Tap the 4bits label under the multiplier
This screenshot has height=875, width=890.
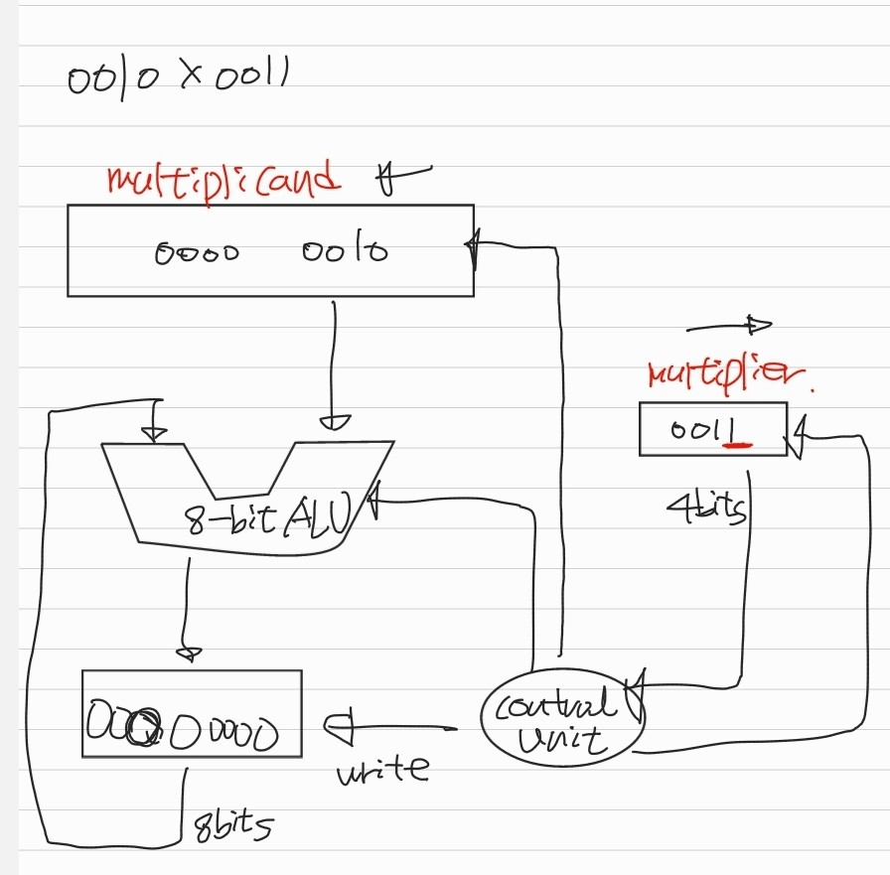(706, 508)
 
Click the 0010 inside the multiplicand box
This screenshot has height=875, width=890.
(345, 251)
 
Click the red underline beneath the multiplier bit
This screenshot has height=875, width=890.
(736, 446)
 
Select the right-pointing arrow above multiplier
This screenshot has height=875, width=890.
(729, 325)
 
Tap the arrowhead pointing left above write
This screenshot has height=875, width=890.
(338, 728)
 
